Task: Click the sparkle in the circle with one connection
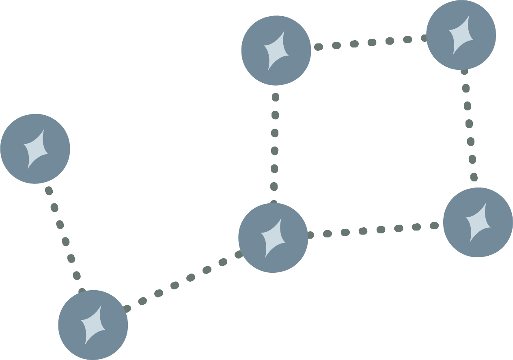[36, 149]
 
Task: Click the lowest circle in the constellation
[93, 325]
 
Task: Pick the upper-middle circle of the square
[276, 50]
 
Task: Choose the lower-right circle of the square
[478, 222]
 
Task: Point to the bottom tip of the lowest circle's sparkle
[86, 345]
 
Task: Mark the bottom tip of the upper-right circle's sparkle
[453, 55]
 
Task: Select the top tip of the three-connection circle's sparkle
[280, 219]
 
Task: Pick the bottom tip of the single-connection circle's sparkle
[28, 169]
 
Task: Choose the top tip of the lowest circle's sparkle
[101, 305]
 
